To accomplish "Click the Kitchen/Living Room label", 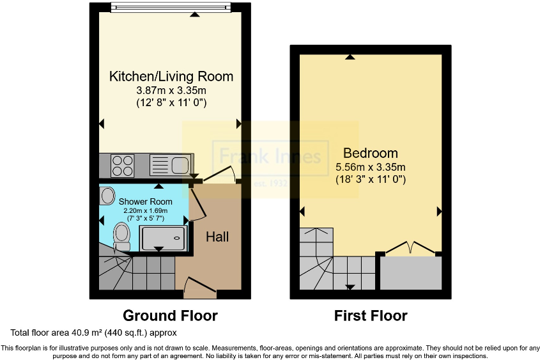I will pos(171,77).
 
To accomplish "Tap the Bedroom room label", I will pos(371,153).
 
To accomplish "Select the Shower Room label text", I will pos(146,201).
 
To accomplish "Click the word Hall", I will pos(217,237).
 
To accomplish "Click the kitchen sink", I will pos(169,166).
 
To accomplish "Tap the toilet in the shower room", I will pos(121,236).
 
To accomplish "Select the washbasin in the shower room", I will pos(107,196).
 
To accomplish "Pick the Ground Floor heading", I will pos(170,316).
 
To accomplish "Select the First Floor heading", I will pos(371,316).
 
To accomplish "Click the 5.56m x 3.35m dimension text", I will pos(371,168).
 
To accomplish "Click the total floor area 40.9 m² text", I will pos(93,333).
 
